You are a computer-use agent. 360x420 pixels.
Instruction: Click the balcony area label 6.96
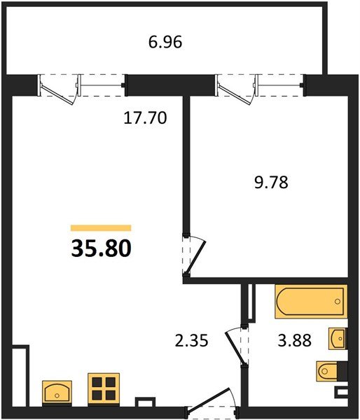click(165, 43)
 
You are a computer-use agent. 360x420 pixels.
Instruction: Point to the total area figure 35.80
click(101, 248)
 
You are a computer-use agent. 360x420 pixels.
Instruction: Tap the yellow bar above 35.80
click(101, 227)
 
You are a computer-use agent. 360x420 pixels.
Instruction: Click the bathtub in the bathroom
click(310, 302)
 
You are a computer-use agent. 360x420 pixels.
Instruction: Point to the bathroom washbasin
click(338, 338)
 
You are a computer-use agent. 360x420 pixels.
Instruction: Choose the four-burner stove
click(104, 388)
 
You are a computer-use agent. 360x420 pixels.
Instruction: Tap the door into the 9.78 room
click(194, 256)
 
